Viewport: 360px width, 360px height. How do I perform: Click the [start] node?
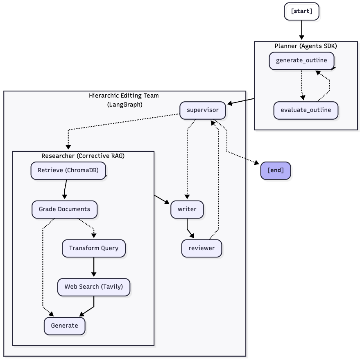301,11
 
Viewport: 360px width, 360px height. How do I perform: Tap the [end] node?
276,171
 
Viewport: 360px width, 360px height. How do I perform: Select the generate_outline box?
301,61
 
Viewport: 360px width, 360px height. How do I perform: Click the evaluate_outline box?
306,110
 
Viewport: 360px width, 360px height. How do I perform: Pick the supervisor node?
202,110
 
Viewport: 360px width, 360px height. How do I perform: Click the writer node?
187,210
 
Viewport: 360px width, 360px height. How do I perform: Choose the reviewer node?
202,248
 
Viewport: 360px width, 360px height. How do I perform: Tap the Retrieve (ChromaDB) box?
68,171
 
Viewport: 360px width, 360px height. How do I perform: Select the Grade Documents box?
65,210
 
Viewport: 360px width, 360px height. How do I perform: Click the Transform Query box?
94,248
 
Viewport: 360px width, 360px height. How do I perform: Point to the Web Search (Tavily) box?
94,287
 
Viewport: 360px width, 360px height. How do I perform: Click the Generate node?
65,326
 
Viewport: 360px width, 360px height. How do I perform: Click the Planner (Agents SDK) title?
306,46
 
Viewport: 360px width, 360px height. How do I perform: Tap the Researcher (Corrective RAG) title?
83,156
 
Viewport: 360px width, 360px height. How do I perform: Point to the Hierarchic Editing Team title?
124,96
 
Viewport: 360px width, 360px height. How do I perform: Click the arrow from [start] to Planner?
302,30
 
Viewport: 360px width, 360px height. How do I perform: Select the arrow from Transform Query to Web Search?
94,267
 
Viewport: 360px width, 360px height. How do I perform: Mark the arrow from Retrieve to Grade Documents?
65,189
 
